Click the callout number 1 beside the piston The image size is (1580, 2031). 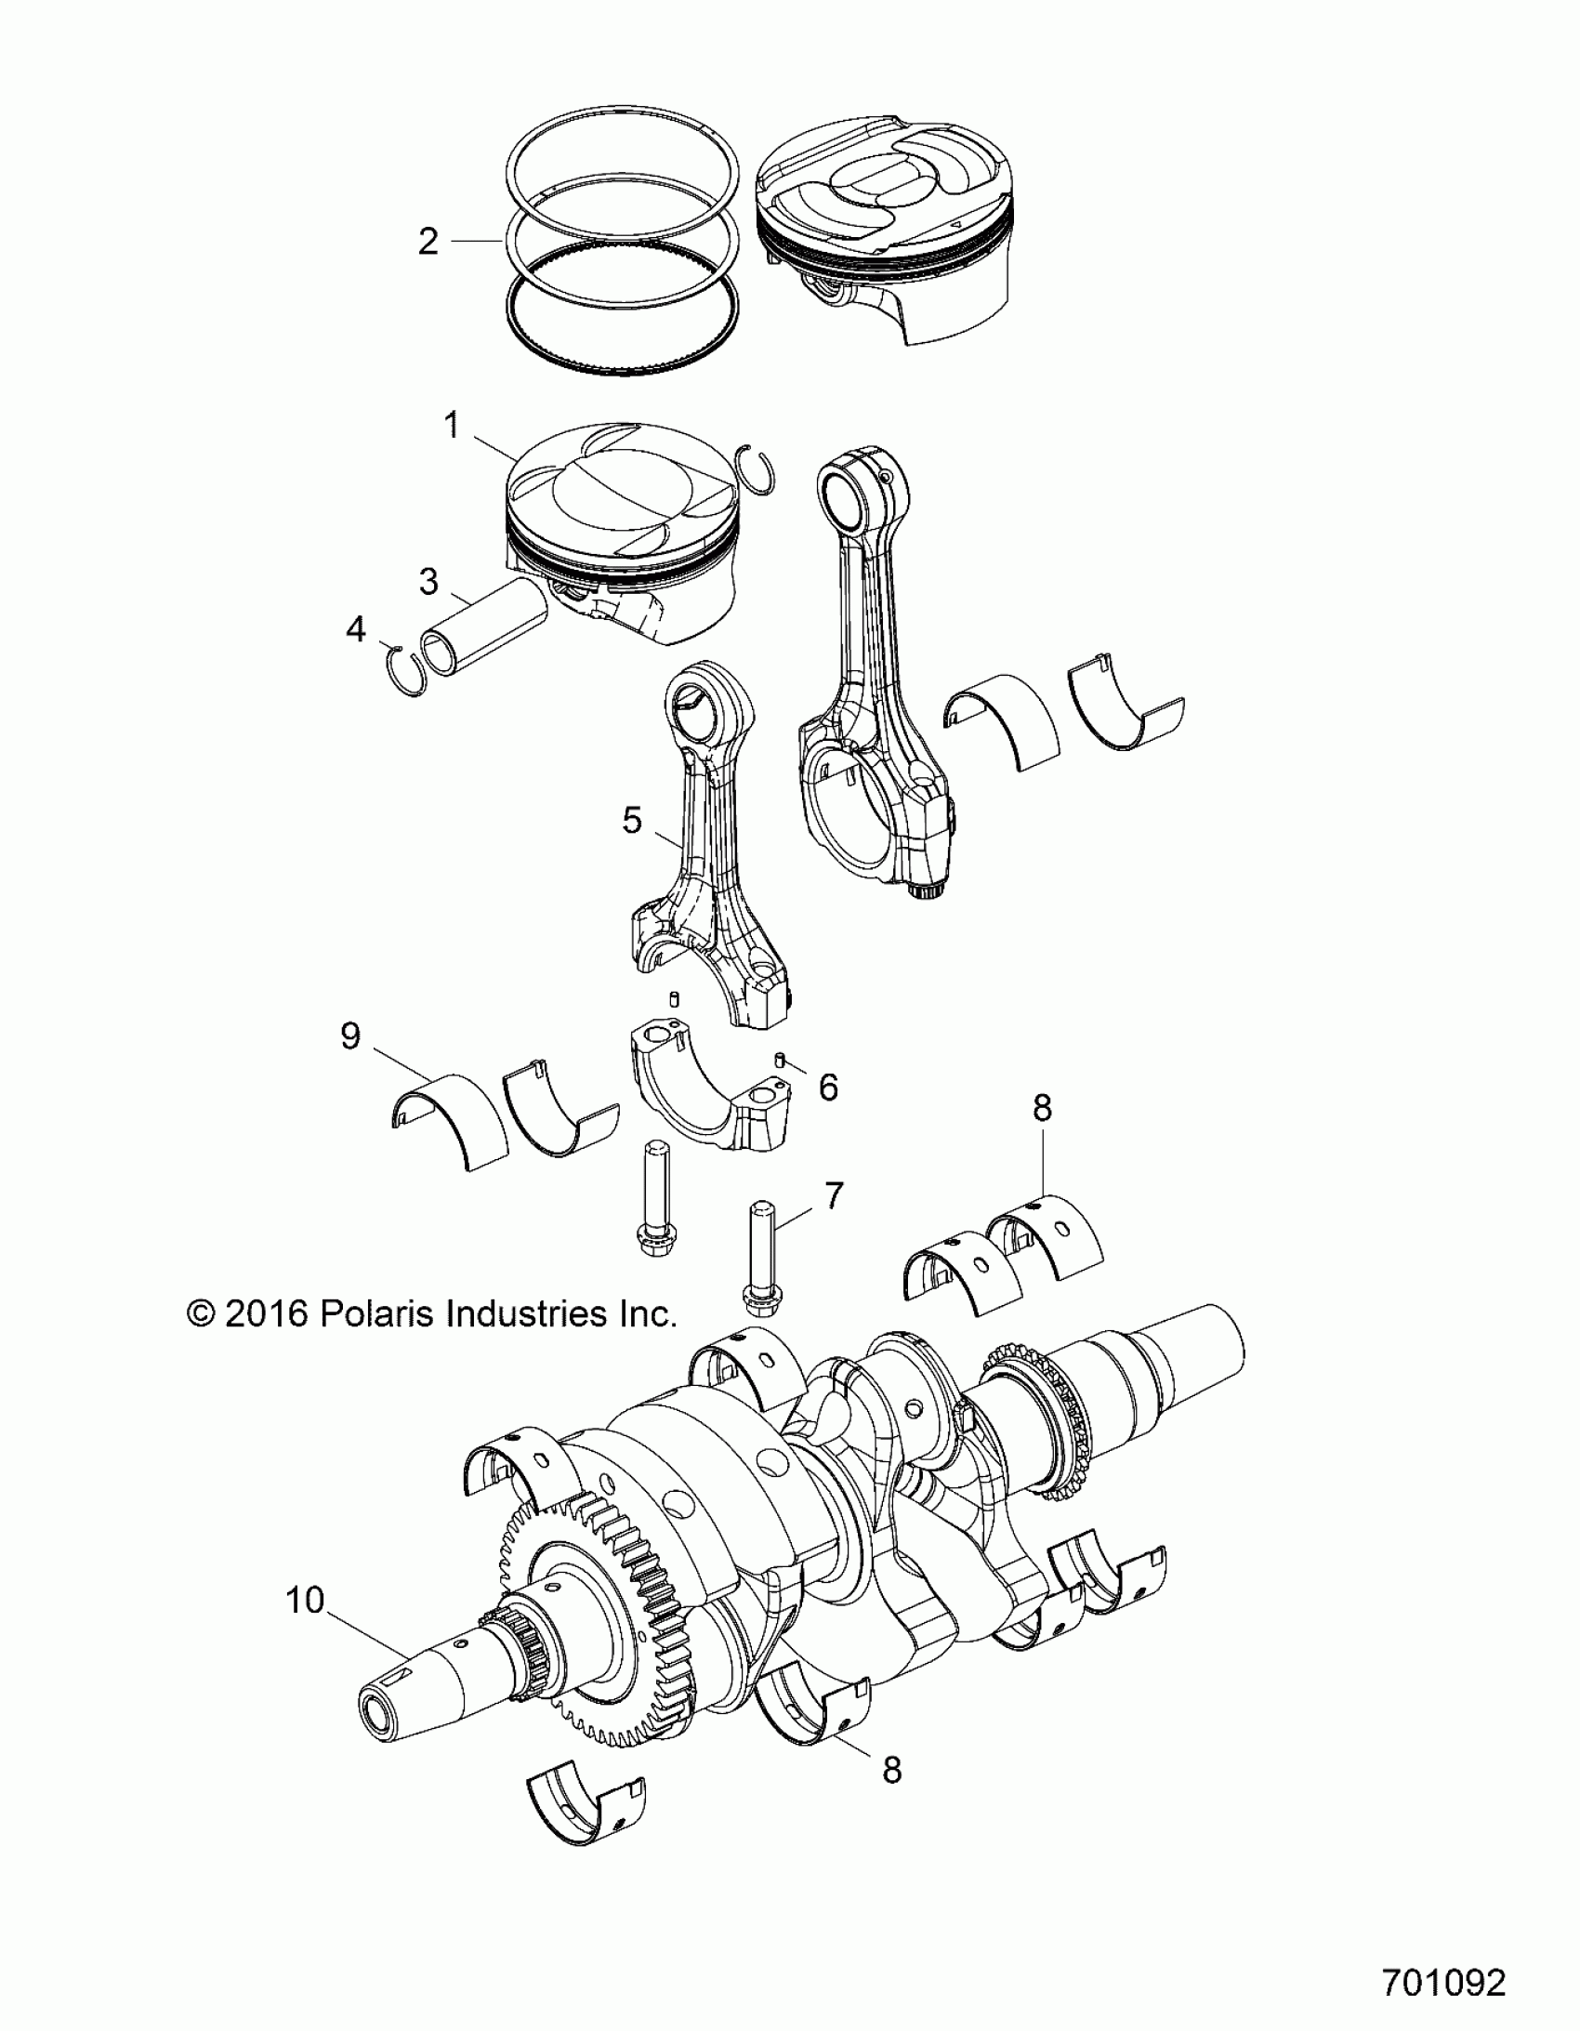coord(452,427)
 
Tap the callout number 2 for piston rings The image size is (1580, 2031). coord(428,242)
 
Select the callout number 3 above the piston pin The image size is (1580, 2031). coord(428,581)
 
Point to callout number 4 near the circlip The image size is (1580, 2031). coord(355,629)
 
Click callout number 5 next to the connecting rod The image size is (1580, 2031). coord(632,821)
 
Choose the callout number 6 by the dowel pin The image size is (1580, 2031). coord(828,1087)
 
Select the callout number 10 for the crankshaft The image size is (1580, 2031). coord(305,1601)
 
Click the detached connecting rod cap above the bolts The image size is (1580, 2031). coord(711,1088)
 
